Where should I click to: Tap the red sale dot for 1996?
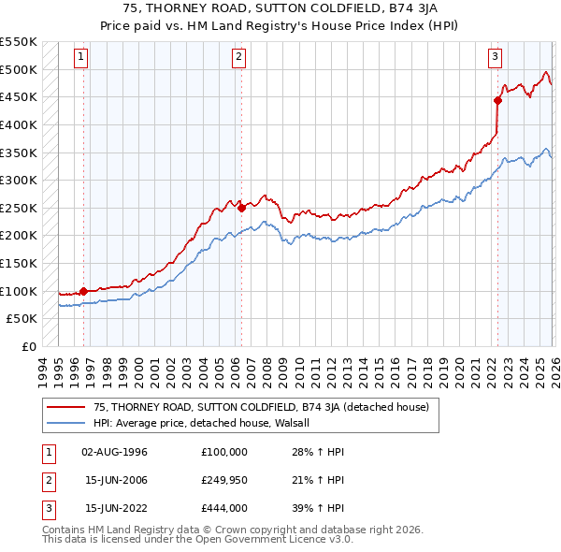pyautogui.click(x=83, y=291)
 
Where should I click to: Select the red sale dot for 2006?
pyautogui.click(x=241, y=208)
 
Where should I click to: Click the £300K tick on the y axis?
pyautogui.click(x=20, y=180)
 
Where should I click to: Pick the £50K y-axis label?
pyautogui.click(x=23, y=319)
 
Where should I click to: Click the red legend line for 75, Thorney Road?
pyautogui.click(x=65, y=407)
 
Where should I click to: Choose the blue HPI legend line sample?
pyautogui.click(x=65, y=423)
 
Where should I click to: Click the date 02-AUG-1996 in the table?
pyautogui.click(x=115, y=452)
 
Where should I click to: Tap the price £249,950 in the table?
pyautogui.click(x=224, y=480)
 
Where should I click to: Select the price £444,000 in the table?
pyautogui.click(x=224, y=508)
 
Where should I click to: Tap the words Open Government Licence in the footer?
pyautogui.click(x=272, y=540)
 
